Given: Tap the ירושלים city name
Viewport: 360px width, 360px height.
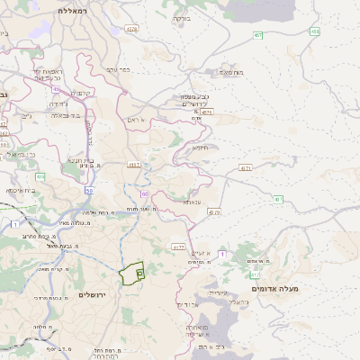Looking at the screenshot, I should click(93, 295).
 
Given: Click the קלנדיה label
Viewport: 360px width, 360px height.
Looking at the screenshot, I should click(84, 93).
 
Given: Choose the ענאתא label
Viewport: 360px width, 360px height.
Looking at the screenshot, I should click(192, 202).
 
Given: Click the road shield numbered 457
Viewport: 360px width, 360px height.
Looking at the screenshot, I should click(258, 35).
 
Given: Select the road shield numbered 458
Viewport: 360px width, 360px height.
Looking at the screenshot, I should click(315, 31).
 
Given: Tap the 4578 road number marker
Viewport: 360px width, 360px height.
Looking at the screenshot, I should click(132, 29).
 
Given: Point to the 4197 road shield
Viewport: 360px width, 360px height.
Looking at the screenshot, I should click(135, 165).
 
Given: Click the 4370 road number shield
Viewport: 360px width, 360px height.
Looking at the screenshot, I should click(213, 211).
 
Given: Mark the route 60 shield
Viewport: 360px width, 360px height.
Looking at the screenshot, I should click(144, 193).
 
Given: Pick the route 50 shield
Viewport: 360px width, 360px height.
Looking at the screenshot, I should click(89, 191).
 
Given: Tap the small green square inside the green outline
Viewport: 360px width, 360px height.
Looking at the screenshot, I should click(139, 271).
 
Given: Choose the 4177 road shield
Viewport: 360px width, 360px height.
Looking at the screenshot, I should click(178, 245).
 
